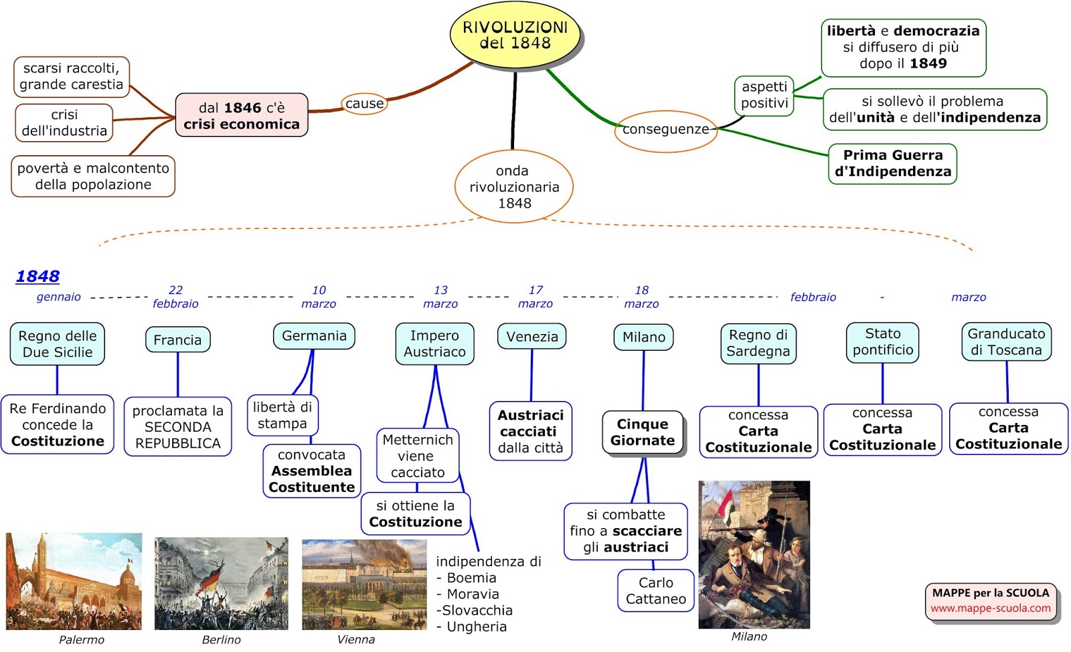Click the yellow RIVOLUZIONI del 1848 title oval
coord(515,35)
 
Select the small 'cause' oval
coord(365,104)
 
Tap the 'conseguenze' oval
coord(665,130)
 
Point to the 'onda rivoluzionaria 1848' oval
coord(514,187)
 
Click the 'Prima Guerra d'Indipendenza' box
coord(892,163)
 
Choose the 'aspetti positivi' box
coord(764,95)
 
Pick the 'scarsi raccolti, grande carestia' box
coord(71,76)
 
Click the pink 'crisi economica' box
coord(242,115)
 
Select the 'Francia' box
coord(177,339)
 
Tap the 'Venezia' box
coord(531,336)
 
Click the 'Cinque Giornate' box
coord(643,432)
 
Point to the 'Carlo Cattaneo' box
coord(655,590)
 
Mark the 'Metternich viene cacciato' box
coord(417,456)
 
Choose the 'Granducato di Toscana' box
coord(1006,341)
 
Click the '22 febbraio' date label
coord(175,297)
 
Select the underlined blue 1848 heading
coord(37,276)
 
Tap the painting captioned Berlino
coord(221,583)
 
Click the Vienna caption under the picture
coord(355,639)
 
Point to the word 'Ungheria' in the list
coord(477,627)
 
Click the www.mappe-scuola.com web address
coord(990,608)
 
